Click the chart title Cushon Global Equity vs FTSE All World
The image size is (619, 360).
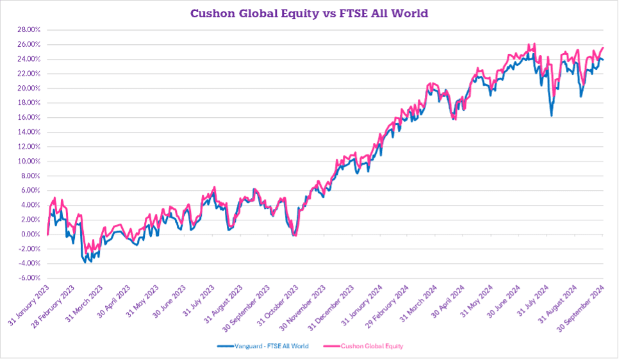[x=309, y=12]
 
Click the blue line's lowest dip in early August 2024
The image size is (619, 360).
[x=551, y=115]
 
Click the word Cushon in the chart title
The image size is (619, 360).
[x=210, y=12]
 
